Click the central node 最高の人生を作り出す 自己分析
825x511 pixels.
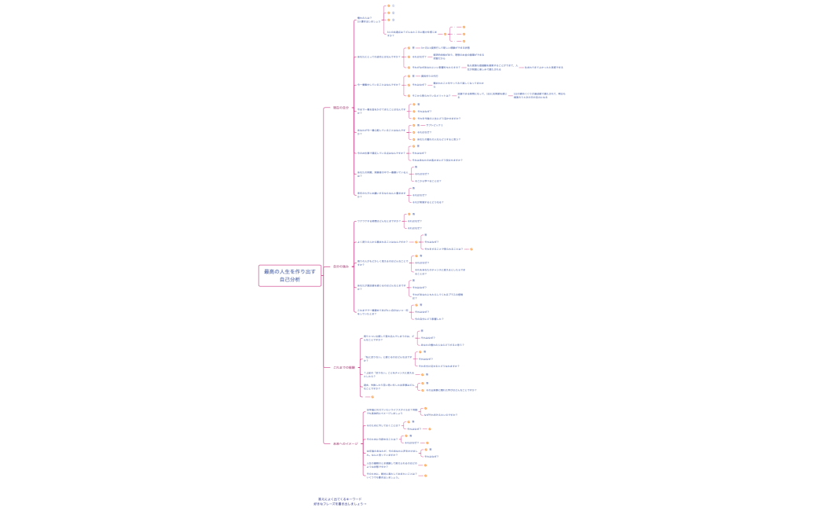(290, 275)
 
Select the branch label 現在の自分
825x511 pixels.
(340, 108)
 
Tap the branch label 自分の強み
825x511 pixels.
(340, 267)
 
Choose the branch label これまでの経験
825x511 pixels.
(343, 367)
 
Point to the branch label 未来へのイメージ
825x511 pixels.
(345, 443)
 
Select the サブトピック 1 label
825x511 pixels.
(434, 125)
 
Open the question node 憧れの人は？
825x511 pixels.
(368, 20)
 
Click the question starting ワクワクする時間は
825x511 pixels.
(379, 221)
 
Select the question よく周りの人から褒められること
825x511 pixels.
(382, 242)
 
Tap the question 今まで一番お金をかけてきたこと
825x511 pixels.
(381, 111)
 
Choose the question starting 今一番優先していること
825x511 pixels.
(379, 84)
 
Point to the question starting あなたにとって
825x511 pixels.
(378, 57)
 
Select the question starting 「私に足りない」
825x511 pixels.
(387, 358)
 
